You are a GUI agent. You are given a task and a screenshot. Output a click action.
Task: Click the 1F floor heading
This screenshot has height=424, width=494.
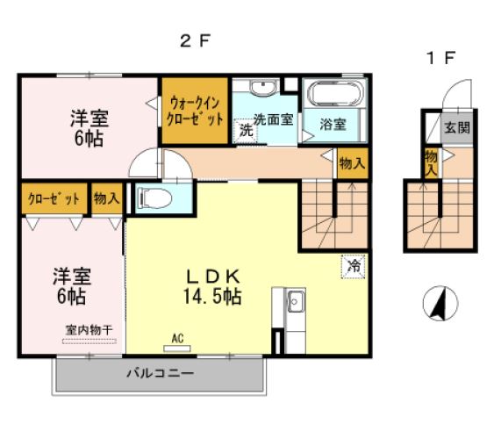[441, 58]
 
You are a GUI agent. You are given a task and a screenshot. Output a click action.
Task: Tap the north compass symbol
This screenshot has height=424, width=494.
[440, 304]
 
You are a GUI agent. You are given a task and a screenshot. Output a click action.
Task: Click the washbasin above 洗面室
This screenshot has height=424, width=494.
[261, 88]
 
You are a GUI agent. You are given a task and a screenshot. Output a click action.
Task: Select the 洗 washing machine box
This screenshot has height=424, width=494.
[246, 128]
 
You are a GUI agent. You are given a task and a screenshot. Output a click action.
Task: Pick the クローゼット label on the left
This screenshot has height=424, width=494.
[54, 198]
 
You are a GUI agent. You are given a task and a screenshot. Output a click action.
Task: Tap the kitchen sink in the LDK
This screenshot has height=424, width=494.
[295, 301]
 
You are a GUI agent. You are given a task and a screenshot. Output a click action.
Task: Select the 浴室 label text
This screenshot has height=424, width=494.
[333, 124]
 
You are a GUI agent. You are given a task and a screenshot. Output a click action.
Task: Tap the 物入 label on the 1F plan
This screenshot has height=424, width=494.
[431, 162]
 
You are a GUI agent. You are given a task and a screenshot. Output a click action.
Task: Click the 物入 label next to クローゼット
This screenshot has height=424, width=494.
[106, 198]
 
